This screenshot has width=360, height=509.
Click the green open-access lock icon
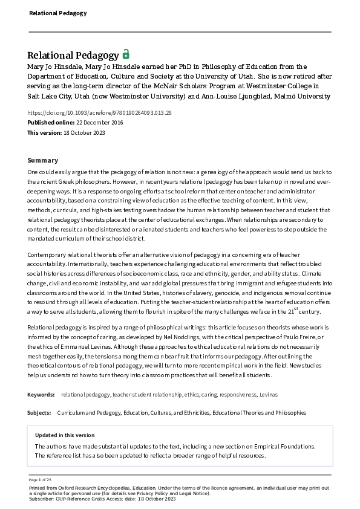[x=126, y=54]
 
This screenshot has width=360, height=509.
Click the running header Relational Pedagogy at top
[x=49, y=13]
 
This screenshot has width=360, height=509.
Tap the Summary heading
[x=42, y=160]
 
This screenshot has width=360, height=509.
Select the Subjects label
[x=40, y=413]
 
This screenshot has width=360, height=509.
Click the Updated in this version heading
[x=65, y=435]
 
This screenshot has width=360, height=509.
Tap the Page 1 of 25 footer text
[x=40, y=479]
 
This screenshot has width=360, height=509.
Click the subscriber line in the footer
[x=102, y=498]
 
